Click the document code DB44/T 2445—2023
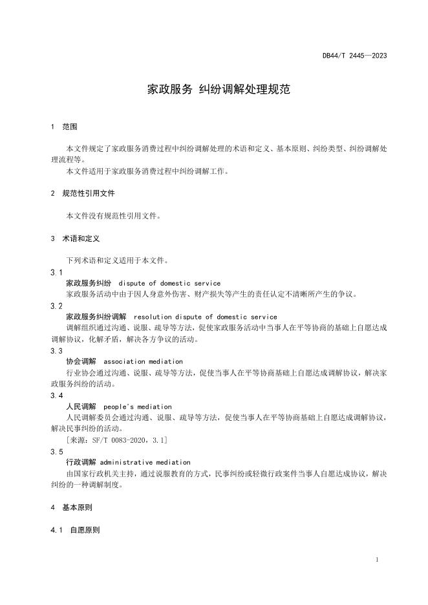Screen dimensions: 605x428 (x=355, y=56)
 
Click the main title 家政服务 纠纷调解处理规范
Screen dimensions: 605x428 (x=219, y=89)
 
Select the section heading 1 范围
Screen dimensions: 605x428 (x=64, y=127)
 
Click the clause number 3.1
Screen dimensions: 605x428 (x=56, y=272)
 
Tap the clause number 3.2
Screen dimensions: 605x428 (x=56, y=306)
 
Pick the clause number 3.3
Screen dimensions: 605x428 (x=56, y=350)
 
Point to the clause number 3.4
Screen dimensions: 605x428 (x=56, y=395)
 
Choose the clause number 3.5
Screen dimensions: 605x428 (x=56, y=451)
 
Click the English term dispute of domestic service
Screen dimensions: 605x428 (x=169, y=283)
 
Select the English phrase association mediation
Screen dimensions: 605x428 (x=143, y=361)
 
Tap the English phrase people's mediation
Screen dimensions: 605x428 (x=137, y=407)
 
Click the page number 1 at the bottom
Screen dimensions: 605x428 (x=377, y=560)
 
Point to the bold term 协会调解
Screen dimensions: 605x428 (x=81, y=361)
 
